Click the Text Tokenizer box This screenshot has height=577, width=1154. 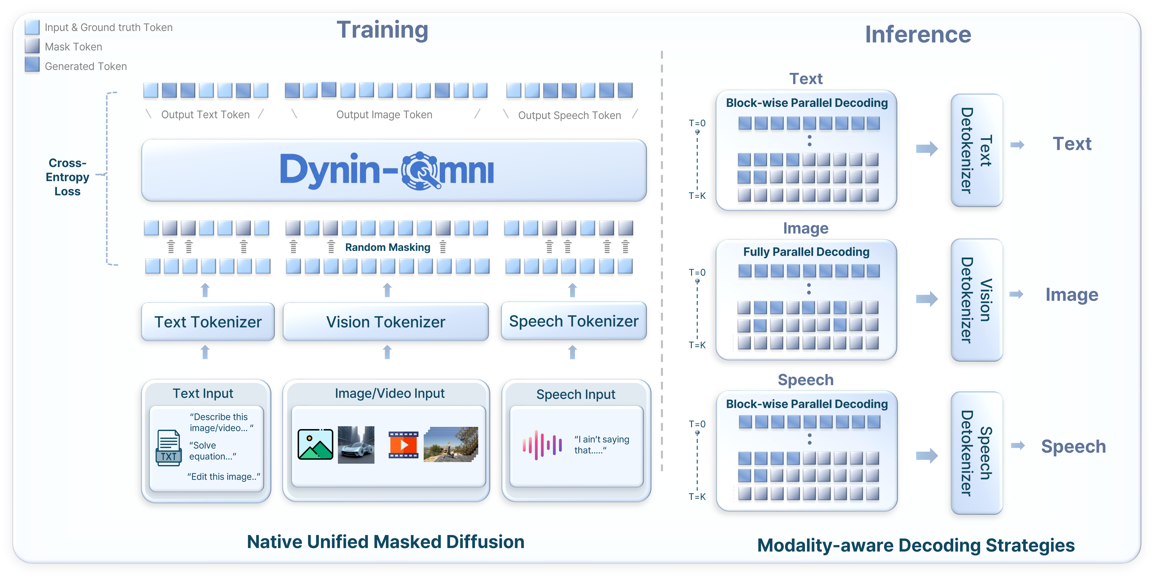[x=208, y=322]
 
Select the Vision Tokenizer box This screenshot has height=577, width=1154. [x=386, y=322]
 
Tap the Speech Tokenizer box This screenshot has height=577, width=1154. [x=574, y=321]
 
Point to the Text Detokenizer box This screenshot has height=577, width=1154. [x=977, y=150]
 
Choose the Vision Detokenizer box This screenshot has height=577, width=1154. [x=977, y=300]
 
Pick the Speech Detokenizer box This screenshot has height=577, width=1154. [x=977, y=453]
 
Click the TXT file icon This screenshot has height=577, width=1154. [x=169, y=448]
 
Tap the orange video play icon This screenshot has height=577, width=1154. [x=403, y=445]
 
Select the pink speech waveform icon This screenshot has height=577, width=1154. [x=542, y=445]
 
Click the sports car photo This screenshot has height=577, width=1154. [x=356, y=445]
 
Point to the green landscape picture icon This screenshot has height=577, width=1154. [x=315, y=444]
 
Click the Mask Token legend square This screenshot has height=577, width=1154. [x=32, y=46]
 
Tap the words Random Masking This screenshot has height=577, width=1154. [x=388, y=247]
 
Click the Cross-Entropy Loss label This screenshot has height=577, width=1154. [x=68, y=177]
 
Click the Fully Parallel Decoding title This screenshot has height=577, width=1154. [x=806, y=252]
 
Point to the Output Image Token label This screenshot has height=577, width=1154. [x=384, y=115]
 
